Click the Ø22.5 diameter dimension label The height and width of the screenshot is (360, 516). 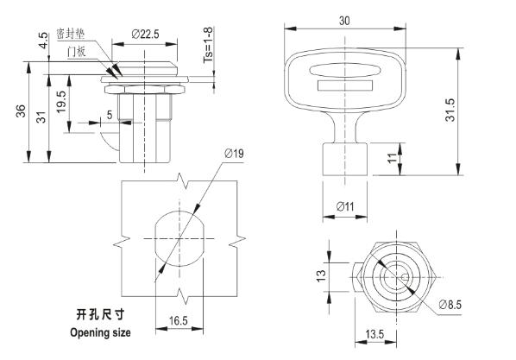[145, 34]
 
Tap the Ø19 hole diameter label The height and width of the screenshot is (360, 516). [234, 153]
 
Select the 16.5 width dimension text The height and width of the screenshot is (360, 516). [179, 320]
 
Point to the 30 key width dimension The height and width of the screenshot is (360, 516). [344, 21]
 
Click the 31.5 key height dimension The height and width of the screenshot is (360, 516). [450, 110]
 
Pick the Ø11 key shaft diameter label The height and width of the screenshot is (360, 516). [345, 206]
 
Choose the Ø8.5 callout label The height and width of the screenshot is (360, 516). [450, 305]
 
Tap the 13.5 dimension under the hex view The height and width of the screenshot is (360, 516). [374, 334]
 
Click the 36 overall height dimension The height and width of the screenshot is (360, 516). [21, 111]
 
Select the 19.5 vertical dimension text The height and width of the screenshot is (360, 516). [61, 102]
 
